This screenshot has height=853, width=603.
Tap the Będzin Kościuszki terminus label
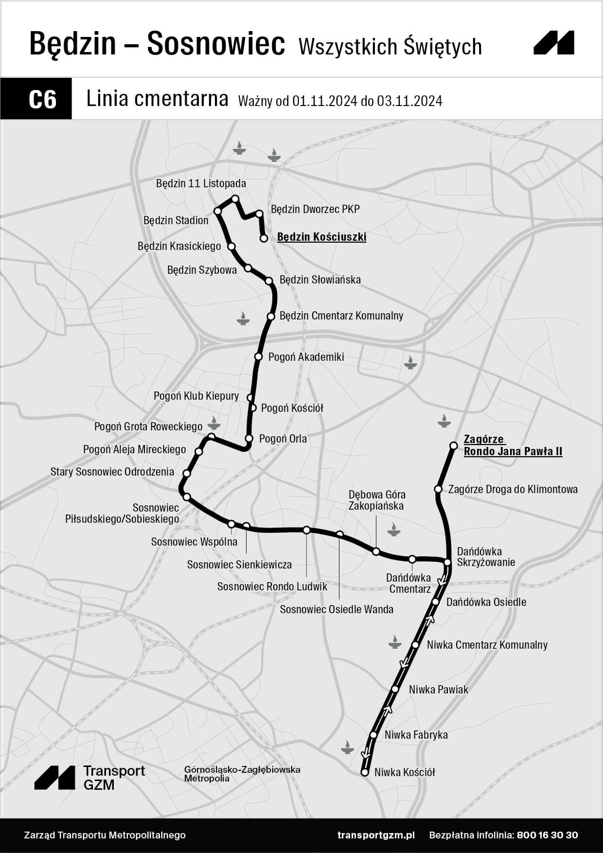[321, 237]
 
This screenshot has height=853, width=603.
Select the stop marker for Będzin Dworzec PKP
[259, 213]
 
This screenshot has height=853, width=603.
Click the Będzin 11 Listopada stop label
[201, 183]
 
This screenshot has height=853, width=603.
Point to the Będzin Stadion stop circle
[218, 211]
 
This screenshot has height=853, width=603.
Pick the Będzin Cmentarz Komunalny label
[341, 316]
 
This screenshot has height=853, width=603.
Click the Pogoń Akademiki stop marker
[259, 356]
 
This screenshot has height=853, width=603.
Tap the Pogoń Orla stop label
[283, 439]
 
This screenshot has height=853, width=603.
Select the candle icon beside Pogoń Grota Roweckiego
[213, 422]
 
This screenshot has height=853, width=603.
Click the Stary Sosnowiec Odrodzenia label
[112, 472]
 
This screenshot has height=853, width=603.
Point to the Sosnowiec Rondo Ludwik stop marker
[306, 530]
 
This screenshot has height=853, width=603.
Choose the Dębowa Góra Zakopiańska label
[376, 500]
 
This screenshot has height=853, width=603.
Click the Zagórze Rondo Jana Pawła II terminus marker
[453, 445]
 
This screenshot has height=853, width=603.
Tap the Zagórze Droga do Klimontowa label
[513, 489]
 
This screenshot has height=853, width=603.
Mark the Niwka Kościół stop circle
[365, 772]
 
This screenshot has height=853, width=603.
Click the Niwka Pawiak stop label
[438, 690]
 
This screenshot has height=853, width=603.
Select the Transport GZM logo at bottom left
[89, 777]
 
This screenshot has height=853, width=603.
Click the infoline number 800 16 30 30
[548, 835]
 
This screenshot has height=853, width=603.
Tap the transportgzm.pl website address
[376, 835]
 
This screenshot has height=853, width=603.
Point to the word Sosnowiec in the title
[216, 44]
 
